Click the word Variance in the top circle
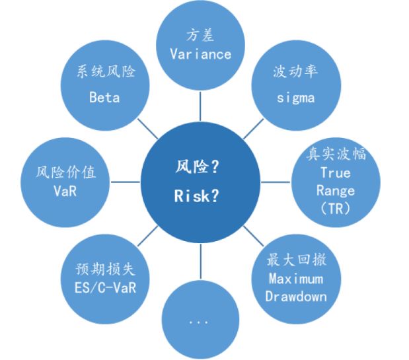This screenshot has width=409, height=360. [x=200, y=54]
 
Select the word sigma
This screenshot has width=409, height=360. [x=294, y=98]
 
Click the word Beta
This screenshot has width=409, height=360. [x=104, y=97]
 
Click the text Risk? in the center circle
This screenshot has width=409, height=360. [x=200, y=198]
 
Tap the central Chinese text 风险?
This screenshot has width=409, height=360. [x=200, y=168]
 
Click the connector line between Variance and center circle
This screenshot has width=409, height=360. [x=200, y=102]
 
